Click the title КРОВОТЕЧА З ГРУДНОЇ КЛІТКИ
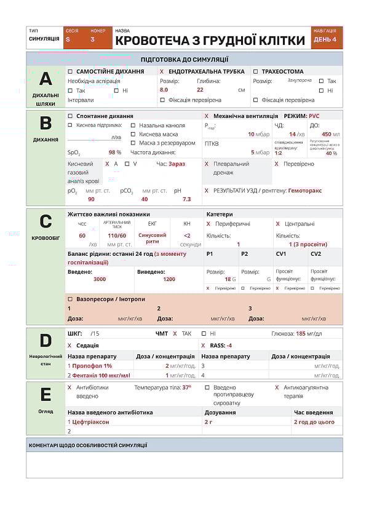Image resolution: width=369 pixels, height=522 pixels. pos(210,41)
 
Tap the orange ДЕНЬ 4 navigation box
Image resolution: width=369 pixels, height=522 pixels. pos(325,39)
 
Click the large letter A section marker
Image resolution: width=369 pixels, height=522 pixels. pos(46,79)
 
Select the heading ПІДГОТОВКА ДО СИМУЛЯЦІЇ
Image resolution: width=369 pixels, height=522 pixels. pos(184,60)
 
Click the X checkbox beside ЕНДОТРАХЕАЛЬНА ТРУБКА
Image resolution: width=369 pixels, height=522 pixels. pos(162,71)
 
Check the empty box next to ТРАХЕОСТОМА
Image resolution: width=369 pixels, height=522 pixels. pos(256,71)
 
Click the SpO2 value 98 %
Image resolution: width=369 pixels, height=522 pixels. pos(115,152)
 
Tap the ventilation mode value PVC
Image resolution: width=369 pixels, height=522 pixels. pos(314,116)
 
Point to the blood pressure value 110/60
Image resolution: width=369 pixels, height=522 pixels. pos(117,235)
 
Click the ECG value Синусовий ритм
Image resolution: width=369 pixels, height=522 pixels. pos(152,238)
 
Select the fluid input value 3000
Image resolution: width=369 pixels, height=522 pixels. pos(100,279)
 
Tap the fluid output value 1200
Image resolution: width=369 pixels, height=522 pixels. pos(169,279)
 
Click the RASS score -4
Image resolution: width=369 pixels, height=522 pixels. pos(229,346)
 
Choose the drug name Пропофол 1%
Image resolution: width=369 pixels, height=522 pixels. pos(92,366)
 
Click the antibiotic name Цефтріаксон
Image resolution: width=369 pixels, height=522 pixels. pos(91,422)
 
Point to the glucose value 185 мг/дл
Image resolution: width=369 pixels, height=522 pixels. pos(309,334)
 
